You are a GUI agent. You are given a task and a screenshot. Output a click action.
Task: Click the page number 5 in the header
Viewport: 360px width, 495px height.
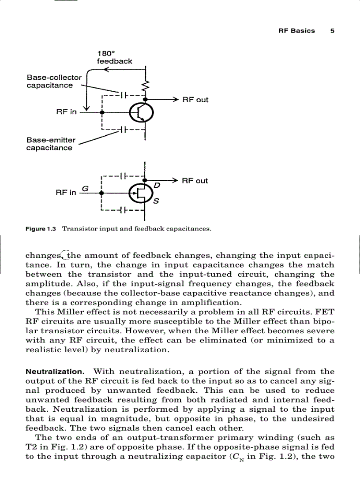[x=332, y=31]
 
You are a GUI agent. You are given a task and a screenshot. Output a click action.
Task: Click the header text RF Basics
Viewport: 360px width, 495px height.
[x=296, y=31]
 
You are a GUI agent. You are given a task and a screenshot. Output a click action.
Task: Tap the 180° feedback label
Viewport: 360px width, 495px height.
[x=114, y=58]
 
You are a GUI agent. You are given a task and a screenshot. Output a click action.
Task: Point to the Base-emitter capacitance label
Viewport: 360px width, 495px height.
[x=49, y=144]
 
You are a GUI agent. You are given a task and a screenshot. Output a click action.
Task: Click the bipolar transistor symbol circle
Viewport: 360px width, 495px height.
[x=141, y=113]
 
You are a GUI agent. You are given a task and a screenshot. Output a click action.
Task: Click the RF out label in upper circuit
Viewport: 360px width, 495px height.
[x=195, y=100]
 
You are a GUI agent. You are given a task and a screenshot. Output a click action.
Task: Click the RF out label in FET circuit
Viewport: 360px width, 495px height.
[x=195, y=181]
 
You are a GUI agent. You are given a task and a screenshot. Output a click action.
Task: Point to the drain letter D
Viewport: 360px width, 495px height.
[x=156, y=186]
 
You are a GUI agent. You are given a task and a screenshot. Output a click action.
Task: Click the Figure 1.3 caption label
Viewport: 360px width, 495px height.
[x=41, y=229]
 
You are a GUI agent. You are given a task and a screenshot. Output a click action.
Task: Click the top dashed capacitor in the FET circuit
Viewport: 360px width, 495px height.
[x=124, y=175]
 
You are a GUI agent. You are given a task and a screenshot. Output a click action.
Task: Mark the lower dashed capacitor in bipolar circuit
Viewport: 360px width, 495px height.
[x=124, y=130]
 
